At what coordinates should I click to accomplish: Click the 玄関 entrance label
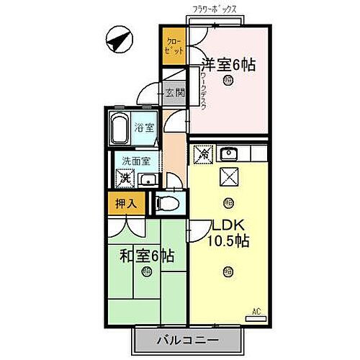(x=174, y=92)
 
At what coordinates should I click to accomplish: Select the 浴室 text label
(x=145, y=127)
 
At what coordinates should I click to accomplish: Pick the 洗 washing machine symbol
(x=125, y=178)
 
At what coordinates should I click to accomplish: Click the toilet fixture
(x=168, y=203)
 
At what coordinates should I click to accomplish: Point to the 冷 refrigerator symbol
(x=204, y=153)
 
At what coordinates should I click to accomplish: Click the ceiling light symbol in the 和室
(x=147, y=271)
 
